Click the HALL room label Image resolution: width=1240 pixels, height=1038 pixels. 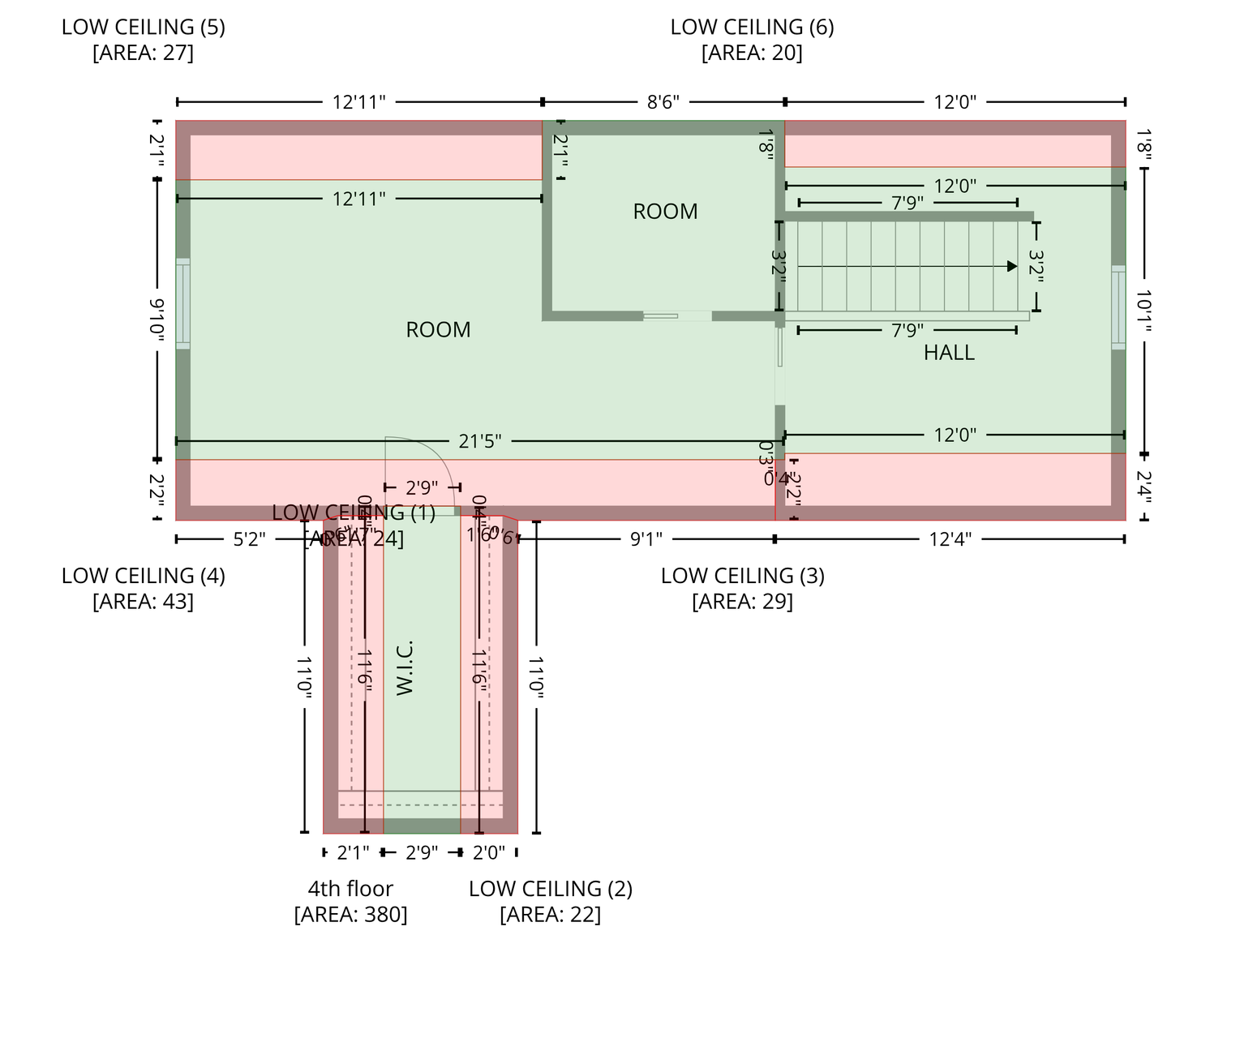pyautogui.click(x=948, y=353)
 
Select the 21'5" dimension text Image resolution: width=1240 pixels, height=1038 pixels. pyautogui.click(x=480, y=441)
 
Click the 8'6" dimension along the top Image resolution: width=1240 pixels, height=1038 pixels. pyautogui.click(x=663, y=102)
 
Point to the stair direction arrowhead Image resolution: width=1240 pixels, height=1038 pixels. pyautogui.click(x=1011, y=266)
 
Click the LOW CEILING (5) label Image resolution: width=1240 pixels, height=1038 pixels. pyautogui.click(x=143, y=27)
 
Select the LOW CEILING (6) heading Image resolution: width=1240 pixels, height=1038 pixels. pyautogui.click(x=752, y=27)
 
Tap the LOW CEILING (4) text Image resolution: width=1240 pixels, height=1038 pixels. pyautogui.click(x=143, y=576)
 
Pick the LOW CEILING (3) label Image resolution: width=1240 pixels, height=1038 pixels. pyautogui.click(x=742, y=576)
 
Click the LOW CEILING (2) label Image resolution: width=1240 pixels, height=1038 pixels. pyautogui.click(x=550, y=889)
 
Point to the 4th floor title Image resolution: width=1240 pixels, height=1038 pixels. pyautogui.click(x=350, y=889)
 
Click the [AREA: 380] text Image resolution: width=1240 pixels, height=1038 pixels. pyautogui.click(x=350, y=915)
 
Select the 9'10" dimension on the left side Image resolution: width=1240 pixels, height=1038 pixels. pyautogui.click(x=157, y=320)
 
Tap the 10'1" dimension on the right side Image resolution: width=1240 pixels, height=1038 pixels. pyautogui.click(x=1143, y=311)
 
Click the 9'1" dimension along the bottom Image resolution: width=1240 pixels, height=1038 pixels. pyautogui.click(x=646, y=539)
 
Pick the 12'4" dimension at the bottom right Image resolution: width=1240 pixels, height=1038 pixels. pyautogui.click(x=950, y=539)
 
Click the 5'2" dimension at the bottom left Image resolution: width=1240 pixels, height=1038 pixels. pyautogui.click(x=250, y=539)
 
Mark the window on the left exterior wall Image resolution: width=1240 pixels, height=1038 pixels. pyautogui.click(x=183, y=304)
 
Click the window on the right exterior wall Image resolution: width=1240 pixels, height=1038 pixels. pyautogui.click(x=1118, y=307)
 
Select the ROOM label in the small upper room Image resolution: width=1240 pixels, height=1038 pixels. pyautogui.click(x=665, y=212)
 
